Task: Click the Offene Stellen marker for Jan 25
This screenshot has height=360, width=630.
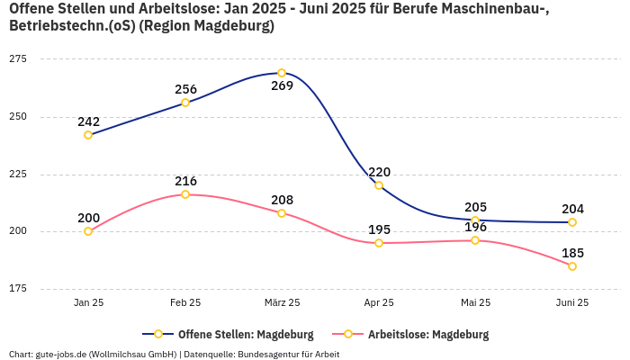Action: click(88, 135)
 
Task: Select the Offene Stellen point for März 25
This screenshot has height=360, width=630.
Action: click(282, 73)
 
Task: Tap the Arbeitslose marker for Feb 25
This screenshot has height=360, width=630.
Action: click(185, 194)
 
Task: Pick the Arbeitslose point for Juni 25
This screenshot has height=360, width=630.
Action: click(572, 266)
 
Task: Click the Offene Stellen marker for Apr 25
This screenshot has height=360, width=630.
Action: click(379, 185)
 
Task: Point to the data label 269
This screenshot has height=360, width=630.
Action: click(282, 86)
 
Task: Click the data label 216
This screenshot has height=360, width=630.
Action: click(185, 181)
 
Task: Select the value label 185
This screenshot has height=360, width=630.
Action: click(573, 253)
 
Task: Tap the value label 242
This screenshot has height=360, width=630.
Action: click(88, 121)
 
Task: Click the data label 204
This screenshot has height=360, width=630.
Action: click(573, 209)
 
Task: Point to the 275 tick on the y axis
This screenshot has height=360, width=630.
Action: click(18, 58)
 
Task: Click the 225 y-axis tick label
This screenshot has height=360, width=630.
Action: click(18, 174)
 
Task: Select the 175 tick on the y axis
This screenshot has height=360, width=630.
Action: click(18, 289)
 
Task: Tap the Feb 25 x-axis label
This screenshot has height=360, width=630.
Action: click(185, 302)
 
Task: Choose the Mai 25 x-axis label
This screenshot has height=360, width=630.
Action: click(475, 302)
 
